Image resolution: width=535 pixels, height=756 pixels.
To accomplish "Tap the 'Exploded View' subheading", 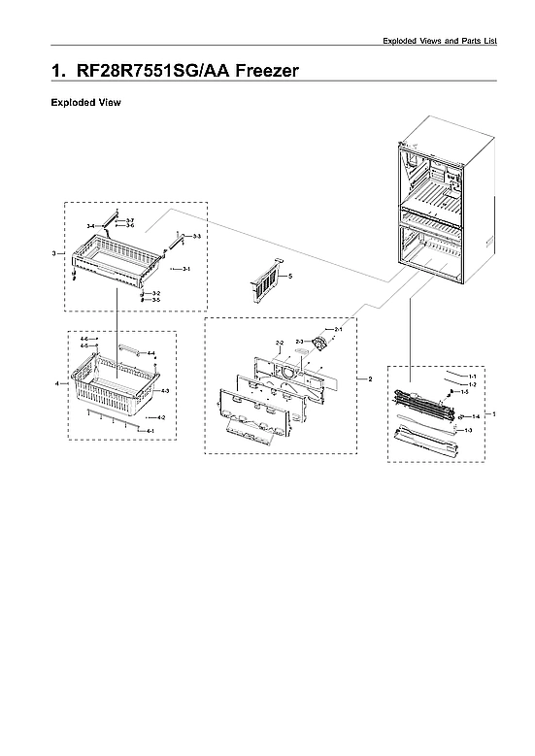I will click(x=85, y=102).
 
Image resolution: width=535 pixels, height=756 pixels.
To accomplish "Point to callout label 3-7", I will click(x=130, y=220).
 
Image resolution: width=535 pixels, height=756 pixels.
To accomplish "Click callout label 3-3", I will click(x=196, y=236).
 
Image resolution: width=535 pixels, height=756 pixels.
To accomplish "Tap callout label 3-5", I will click(x=155, y=300).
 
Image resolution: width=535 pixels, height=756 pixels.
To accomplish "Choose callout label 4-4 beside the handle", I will click(x=150, y=353).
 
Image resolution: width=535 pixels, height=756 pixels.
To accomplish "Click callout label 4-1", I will click(x=150, y=429).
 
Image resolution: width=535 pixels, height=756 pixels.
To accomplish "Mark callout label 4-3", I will click(x=165, y=390).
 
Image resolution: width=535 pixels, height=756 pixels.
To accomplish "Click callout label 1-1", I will click(x=472, y=375).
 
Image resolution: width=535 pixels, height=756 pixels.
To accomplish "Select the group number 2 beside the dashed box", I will click(x=370, y=378).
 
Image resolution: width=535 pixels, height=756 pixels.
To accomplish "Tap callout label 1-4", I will click(x=476, y=415).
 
